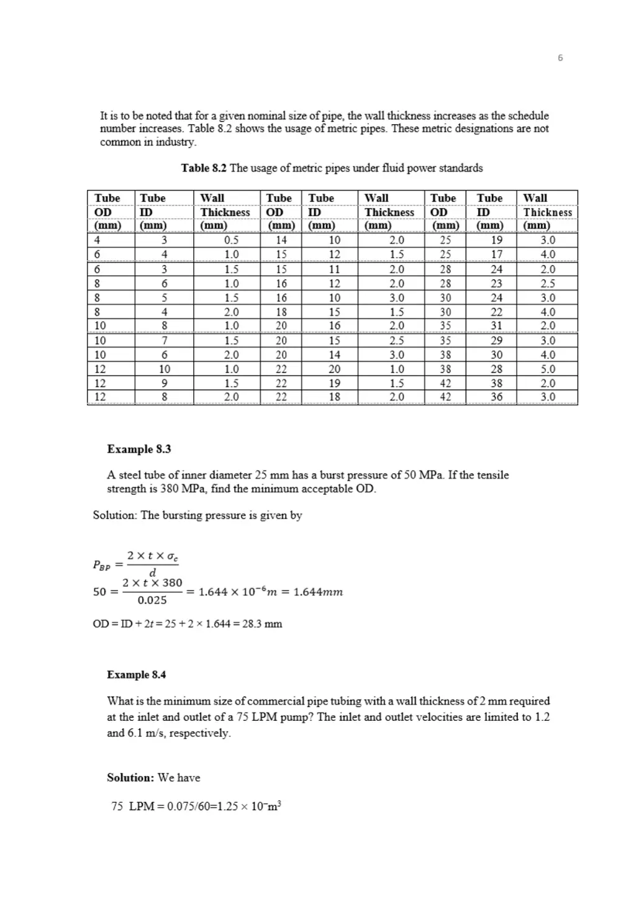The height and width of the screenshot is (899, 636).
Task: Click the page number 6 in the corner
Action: (560, 58)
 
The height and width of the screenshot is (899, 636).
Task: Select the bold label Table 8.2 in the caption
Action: (204, 168)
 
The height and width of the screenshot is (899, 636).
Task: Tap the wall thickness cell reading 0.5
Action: (231, 240)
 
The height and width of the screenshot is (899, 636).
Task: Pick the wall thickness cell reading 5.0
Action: (547, 369)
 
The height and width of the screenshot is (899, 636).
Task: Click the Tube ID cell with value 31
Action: (496, 326)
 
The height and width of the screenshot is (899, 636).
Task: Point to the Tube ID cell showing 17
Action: (496, 255)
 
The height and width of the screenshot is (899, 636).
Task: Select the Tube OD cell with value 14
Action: (281, 240)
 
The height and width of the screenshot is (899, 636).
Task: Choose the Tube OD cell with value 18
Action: (281, 312)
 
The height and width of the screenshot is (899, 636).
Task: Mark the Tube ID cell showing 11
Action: (334, 269)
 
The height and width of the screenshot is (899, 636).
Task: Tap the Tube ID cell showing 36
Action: (496, 397)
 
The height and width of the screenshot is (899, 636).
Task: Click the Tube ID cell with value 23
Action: (496, 284)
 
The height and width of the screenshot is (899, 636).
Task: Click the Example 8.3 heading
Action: (139, 449)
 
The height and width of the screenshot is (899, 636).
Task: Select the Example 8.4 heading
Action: (136, 675)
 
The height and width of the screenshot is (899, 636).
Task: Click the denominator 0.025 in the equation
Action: (152, 600)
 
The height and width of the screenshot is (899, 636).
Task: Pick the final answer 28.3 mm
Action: (265, 624)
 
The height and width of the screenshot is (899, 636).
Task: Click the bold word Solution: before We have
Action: (130, 778)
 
